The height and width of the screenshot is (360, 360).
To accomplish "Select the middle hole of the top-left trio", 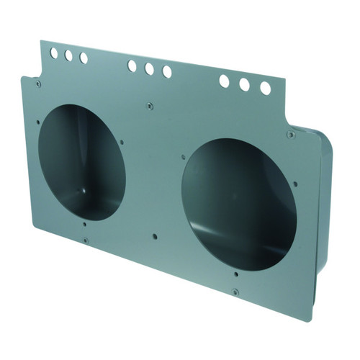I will (69, 55).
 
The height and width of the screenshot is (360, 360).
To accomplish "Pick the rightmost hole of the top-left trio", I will (84, 58).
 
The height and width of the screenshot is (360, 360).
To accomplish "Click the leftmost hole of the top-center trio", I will (132, 66).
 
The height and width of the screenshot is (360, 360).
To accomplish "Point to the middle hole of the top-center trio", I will (149, 69).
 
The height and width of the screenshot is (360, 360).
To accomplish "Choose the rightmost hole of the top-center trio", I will (167, 72).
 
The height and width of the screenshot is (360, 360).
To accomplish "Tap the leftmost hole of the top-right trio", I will (224, 81).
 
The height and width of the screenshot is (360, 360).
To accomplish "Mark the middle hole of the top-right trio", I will (244, 85).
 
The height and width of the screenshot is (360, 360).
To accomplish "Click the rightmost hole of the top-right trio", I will (265, 88).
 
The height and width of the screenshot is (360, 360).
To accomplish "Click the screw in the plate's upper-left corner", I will (38, 84).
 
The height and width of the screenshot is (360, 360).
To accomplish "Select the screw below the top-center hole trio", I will (149, 107).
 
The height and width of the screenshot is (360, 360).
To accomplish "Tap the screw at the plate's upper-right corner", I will (290, 135).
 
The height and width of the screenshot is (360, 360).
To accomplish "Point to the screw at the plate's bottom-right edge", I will (235, 292).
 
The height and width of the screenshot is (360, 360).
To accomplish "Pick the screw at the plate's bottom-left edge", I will (85, 240).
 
